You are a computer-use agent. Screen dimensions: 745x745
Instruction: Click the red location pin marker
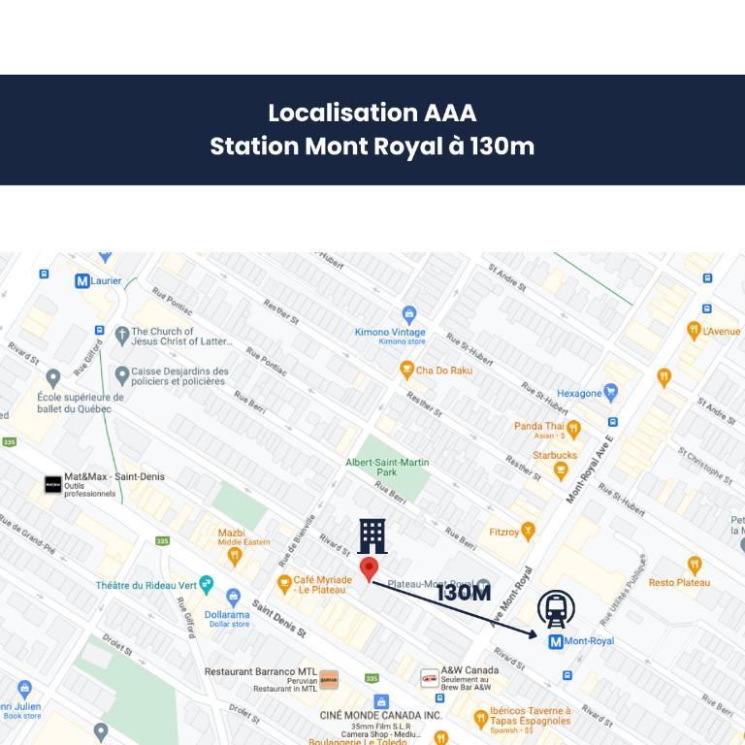(369, 569)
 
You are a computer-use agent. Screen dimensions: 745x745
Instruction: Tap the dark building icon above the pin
(372, 535)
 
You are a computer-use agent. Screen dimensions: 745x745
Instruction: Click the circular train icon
(556, 608)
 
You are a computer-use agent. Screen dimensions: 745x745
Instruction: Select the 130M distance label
(463, 593)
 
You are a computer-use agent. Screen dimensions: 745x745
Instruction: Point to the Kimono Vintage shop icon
(409, 314)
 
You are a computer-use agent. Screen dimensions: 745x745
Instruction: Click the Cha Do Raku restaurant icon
(406, 370)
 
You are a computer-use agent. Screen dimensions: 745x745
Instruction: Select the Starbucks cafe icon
(560, 470)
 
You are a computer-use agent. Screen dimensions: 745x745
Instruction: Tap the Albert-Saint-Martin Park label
(387, 467)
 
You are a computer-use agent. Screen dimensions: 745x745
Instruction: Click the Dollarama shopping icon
(233, 597)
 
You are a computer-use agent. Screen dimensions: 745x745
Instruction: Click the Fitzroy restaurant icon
(528, 532)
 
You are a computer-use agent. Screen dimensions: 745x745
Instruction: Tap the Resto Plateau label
(679, 582)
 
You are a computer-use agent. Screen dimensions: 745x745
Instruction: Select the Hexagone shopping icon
(610, 393)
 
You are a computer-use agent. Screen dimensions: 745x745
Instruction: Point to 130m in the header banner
(502, 146)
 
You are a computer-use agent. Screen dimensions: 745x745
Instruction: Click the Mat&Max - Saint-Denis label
(113, 477)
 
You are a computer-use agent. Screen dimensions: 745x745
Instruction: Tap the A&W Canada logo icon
(429, 679)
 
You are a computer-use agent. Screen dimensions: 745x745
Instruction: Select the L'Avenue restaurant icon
(694, 331)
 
